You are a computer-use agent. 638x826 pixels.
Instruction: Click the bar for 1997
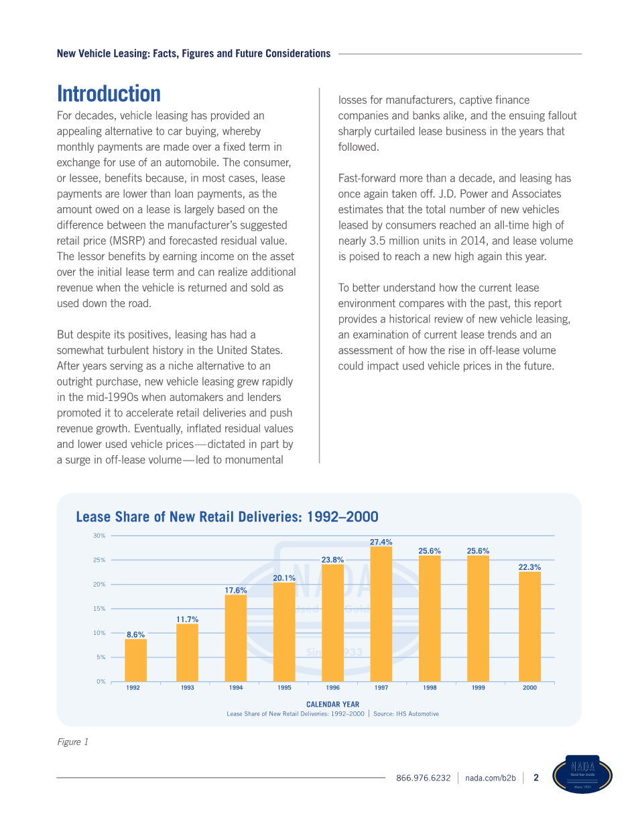click(x=381, y=613)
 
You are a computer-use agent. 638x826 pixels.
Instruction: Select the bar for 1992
click(x=135, y=660)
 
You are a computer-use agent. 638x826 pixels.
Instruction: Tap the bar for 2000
click(x=529, y=626)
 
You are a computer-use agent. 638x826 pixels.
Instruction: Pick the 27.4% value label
click(x=381, y=542)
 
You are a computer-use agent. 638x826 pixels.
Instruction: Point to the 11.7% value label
click(x=187, y=619)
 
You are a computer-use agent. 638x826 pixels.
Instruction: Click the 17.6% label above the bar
click(x=236, y=590)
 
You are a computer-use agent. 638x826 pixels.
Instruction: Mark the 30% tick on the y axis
click(x=99, y=536)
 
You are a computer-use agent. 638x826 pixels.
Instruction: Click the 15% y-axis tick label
click(x=99, y=609)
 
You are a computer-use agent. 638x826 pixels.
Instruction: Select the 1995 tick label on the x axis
click(x=284, y=688)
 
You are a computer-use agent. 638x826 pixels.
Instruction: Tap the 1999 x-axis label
click(x=478, y=688)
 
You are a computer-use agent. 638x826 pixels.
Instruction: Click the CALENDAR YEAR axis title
click(x=332, y=705)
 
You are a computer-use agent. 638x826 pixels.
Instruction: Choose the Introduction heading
click(x=109, y=93)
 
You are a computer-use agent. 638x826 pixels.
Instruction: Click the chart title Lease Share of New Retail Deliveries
click(x=227, y=517)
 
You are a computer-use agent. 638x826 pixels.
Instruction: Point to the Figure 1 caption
click(x=72, y=742)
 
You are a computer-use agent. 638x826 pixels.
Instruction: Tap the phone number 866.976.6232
click(x=424, y=778)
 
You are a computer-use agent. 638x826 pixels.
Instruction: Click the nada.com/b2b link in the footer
click(x=491, y=778)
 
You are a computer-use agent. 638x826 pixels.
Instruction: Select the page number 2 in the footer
click(x=535, y=778)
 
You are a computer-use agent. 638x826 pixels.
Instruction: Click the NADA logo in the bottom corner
click(x=582, y=775)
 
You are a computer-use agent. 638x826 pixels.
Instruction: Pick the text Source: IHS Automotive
click(x=406, y=714)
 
